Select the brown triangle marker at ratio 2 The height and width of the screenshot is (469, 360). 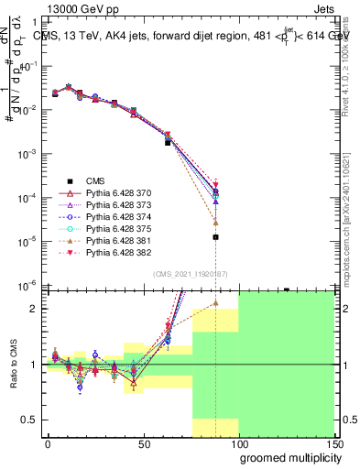click(215, 302)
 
